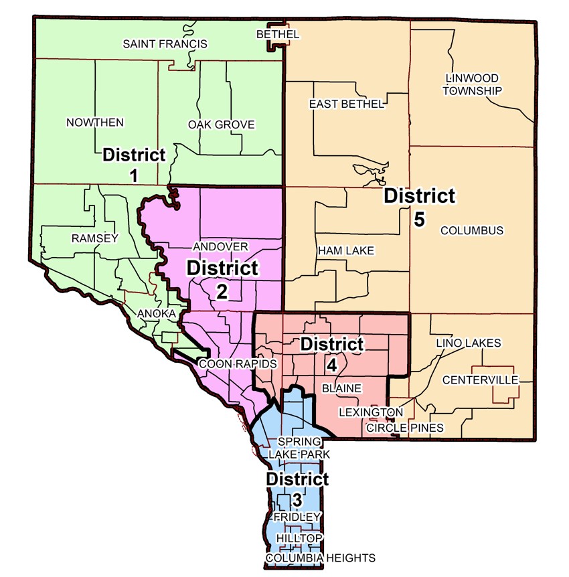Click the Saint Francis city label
coord(165,44)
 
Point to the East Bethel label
coord(346,104)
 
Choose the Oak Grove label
coord(222,125)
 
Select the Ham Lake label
coord(346,250)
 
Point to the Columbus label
coord(471,231)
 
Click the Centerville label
coord(481,380)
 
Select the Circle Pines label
coord(404,427)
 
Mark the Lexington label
coord(370,412)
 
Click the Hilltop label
coord(295,538)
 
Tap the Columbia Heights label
coord(320,558)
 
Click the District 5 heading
coord(419,196)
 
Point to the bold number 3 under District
coord(297,499)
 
